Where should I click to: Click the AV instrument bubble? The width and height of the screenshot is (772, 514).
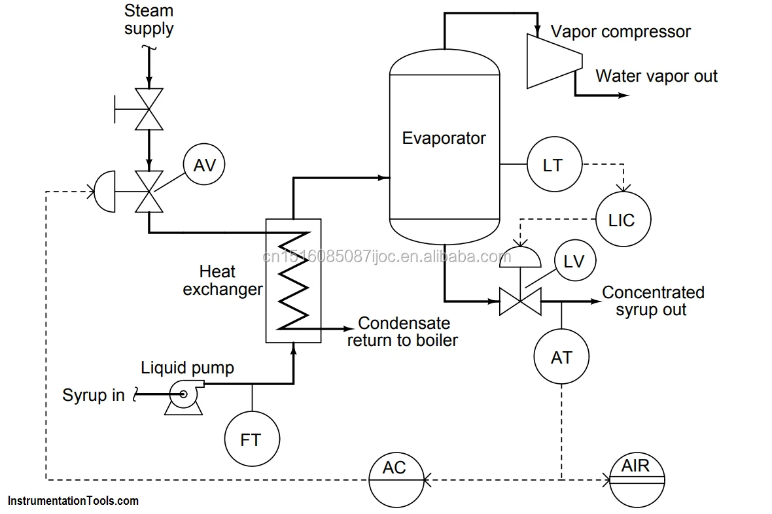[x=204, y=165]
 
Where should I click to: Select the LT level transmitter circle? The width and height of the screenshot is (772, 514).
[x=553, y=165]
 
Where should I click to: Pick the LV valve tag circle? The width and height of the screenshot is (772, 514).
[x=574, y=262]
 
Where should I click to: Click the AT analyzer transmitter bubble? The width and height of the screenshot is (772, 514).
[x=561, y=357]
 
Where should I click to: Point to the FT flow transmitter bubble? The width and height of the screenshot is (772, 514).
[x=251, y=439]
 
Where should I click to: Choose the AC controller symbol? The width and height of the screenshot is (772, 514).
[x=395, y=479]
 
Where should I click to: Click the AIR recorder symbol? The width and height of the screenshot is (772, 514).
[x=637, y=479]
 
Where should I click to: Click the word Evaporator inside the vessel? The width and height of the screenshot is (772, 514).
[x=444, y=139]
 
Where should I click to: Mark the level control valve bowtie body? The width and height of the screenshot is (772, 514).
[x=520, y=302]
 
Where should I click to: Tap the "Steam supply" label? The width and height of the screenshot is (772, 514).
[x=149, y=20]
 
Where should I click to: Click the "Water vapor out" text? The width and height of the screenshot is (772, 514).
[x=656, y=77]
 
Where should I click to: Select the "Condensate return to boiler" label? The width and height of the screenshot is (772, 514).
[x=403, y=332]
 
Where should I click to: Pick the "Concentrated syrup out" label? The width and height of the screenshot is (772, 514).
[x=652, y=301]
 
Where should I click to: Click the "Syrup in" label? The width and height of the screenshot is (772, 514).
[x=94, y=396]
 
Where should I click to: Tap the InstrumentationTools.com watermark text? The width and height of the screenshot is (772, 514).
[x=73, y=501]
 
